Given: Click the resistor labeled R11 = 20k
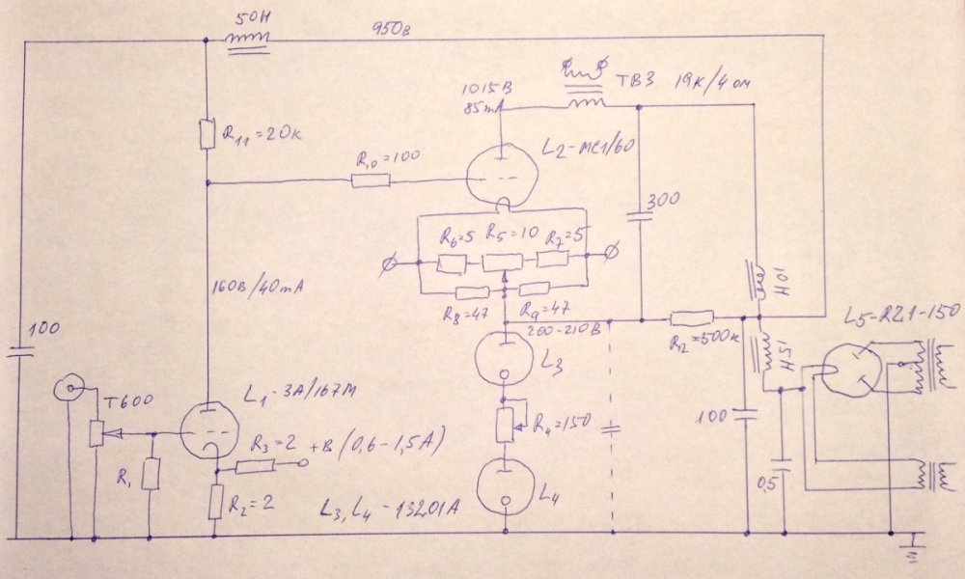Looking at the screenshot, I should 207,134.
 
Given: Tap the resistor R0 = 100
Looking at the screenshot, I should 371,180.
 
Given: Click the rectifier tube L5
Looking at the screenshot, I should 849,372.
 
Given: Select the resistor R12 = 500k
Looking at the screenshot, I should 691,317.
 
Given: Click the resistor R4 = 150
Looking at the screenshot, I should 504,422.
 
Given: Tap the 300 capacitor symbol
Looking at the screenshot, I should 641,214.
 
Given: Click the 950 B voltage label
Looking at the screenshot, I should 392,29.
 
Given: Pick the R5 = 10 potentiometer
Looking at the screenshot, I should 502,261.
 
